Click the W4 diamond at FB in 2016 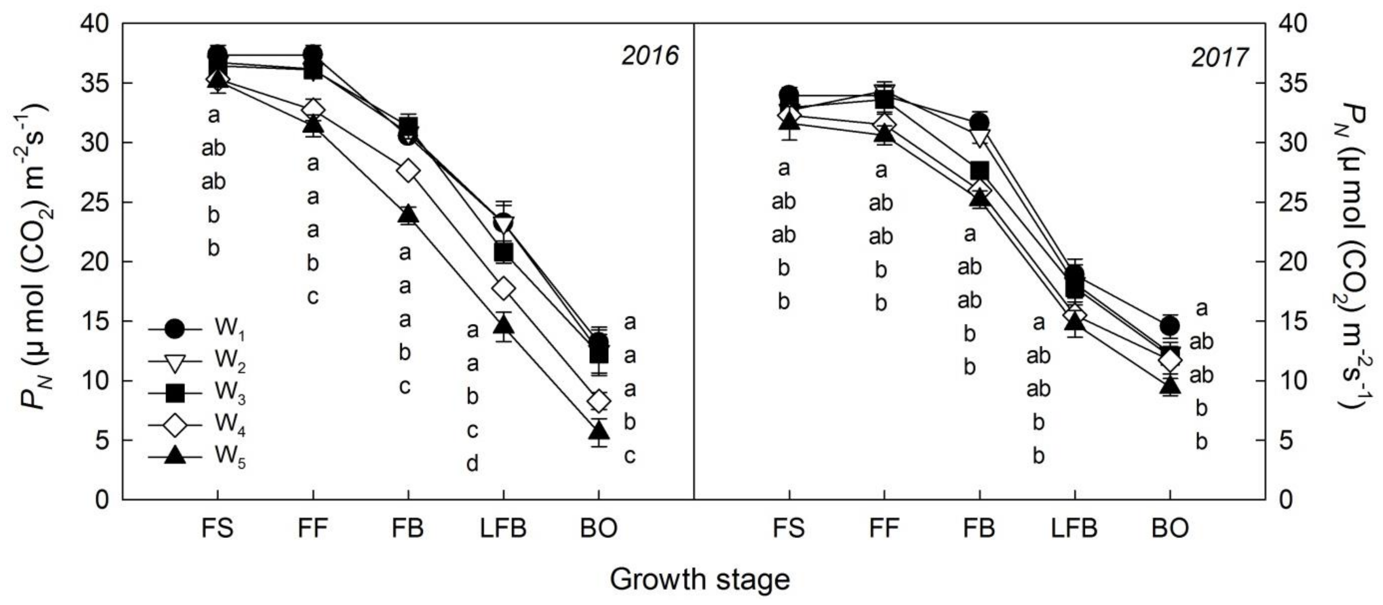(x=408, y=171)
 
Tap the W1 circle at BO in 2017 (x=1170, y=325)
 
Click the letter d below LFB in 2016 (x=472, y=464)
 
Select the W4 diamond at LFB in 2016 (x=504, y=288)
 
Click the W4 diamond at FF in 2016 (x=313, y=109)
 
